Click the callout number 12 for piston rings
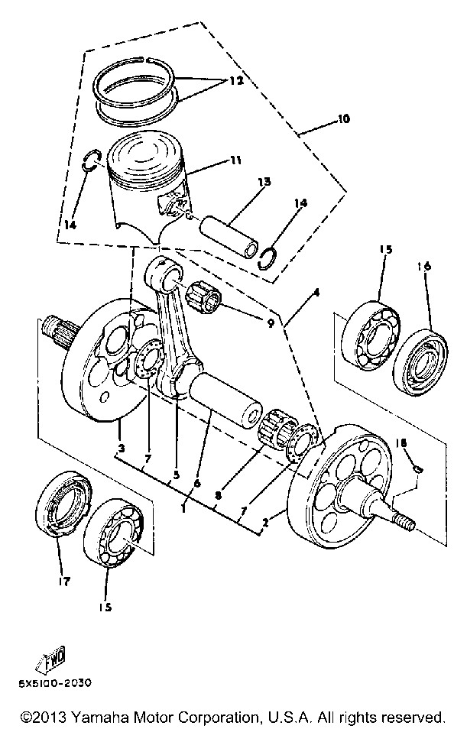[236, 81]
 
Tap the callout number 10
[343, 119]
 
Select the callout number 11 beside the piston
[236, 161]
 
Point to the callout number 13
[264, 182]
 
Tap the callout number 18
[401, 442]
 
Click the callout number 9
[271, 322]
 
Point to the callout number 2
[265, 523]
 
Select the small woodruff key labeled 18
[418, 468]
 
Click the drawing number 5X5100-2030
[55, 683]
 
